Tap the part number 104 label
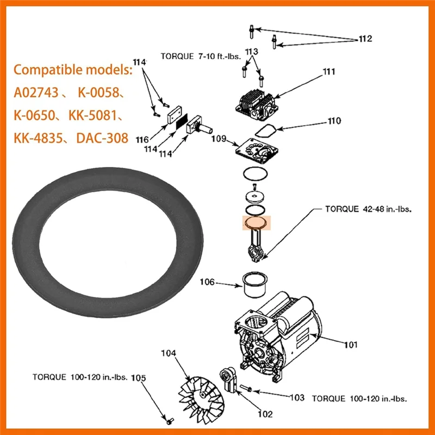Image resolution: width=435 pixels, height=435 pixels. click(x=169, y=353)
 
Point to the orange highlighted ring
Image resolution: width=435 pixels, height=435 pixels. click(x=256, y=223)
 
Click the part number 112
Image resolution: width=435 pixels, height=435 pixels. click(x=365, y=39)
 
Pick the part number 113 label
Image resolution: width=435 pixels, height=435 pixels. click(x=251, y=52)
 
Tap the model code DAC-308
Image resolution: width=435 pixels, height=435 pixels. click(x=102, y=138)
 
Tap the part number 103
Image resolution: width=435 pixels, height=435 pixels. click(x=296, y=397)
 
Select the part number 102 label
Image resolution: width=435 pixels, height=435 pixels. click(x=265, y=414)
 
